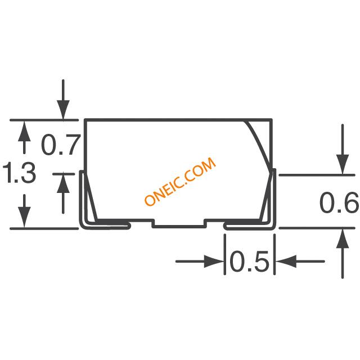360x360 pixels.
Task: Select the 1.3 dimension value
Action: (x=19, y=173)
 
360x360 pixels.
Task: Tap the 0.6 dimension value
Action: (x=339, y=202)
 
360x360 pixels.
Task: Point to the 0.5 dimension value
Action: (x=249, y=261)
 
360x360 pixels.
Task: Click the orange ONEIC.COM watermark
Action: (x=180, y=181)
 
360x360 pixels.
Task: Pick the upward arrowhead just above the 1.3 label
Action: (x=24, y=131)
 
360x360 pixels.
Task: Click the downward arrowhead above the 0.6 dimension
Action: (x=343, y=165)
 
